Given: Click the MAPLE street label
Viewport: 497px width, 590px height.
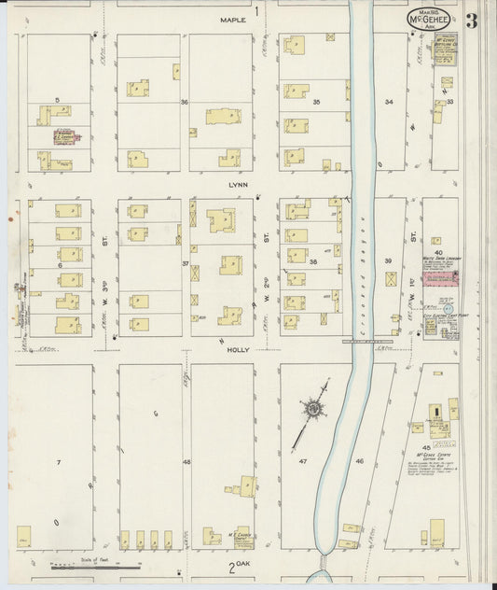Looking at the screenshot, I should [233, 19].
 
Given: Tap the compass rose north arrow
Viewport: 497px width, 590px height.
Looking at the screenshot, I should [311, 409].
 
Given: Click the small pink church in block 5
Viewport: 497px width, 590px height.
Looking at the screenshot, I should [66, 136].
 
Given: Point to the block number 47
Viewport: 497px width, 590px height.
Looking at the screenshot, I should [303, 461].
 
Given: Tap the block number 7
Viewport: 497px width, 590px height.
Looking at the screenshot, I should [57, 462].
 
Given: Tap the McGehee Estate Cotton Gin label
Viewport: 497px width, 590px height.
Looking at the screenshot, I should [433, 463].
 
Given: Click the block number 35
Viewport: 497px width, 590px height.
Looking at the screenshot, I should [316, 101].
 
